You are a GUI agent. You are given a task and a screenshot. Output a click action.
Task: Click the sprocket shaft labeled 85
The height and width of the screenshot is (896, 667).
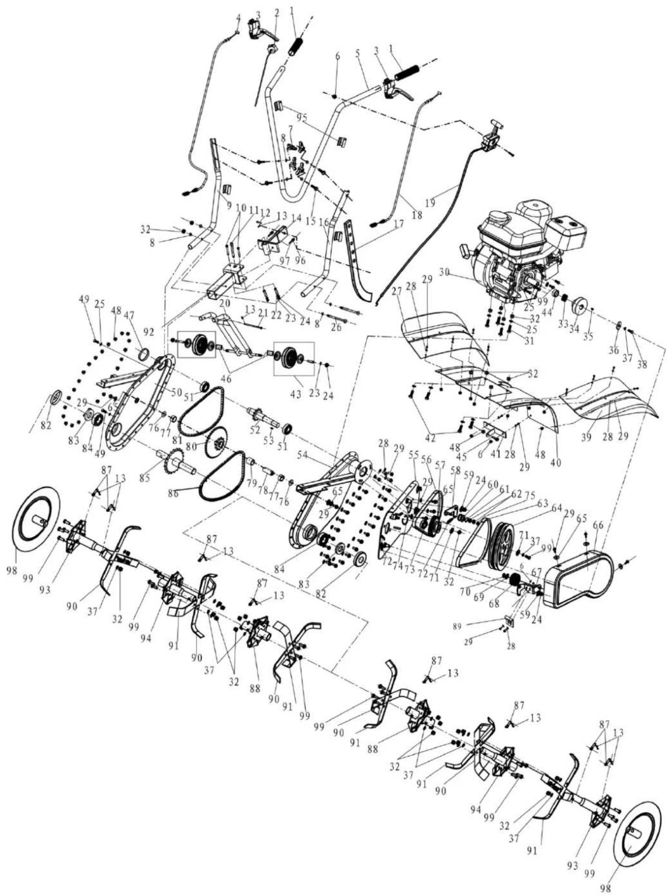175,460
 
